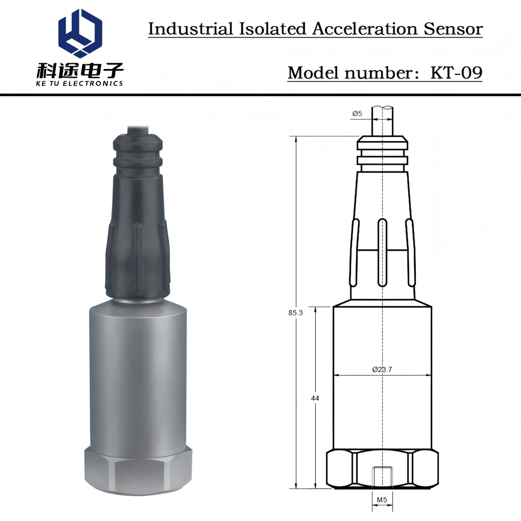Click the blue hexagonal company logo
(x=80, y=33)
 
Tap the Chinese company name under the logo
(x=80, y=70)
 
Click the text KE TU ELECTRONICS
(x=80, y=84)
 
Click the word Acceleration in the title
(x=365, y=29)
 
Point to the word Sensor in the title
(x=453, y=29)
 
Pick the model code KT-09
(x=456, y=72)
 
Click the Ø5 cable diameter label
(x=357, y=113)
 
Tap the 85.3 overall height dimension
(x=295, y=313)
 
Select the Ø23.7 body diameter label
(x=382, y=369)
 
